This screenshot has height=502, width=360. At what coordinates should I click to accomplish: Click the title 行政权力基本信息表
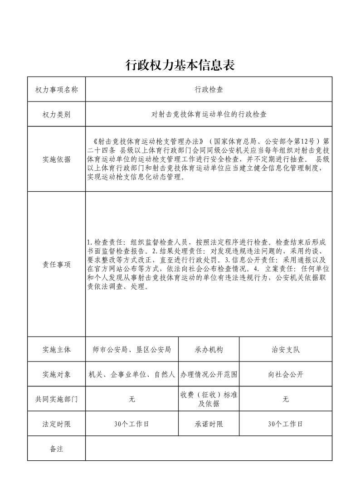pos(180,65)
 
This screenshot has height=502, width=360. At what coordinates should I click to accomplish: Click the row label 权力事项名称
pos(56,90)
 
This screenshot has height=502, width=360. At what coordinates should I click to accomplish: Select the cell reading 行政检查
pos(209,90)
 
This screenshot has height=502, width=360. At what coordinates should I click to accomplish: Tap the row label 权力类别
pos(56,115)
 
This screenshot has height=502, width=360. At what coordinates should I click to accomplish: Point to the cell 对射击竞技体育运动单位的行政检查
pos(209,115)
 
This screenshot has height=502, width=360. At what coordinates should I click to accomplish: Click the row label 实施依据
pos(56,159)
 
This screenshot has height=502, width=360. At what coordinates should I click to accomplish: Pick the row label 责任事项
pos(56,265)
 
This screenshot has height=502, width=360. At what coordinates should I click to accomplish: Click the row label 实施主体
pos(56,350)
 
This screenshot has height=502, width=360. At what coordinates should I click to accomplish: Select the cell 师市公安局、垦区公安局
pos(131,350)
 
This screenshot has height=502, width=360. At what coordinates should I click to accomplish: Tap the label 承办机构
pos(209,350)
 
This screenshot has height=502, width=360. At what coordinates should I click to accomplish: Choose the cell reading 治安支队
pos(285,350)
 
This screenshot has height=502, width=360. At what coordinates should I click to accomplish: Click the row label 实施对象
pos(56,375)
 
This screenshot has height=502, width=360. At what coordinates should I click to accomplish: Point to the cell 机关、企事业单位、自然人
pos(131,375)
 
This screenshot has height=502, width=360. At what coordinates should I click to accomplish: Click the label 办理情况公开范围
pos(209,375)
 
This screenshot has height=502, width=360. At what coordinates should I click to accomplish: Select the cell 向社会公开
pos(285,375)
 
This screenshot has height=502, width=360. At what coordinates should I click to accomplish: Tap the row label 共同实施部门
pos(56,399)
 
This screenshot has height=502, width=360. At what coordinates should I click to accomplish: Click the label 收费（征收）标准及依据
pos(209,399)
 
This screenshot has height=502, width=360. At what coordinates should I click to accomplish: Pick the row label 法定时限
pos(56,424)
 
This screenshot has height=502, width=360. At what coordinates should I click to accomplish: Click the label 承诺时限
pos(209,424)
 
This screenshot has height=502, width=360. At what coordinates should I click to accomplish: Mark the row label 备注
pos(56,449)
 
